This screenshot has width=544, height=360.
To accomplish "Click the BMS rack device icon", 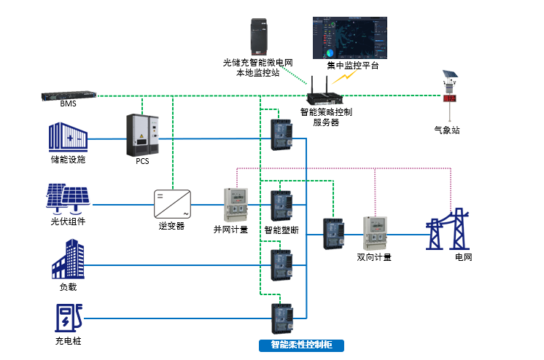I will pos(70,95).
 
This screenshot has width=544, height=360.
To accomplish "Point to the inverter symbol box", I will pos(172,204).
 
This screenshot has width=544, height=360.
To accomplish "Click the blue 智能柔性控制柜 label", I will pos(301,345).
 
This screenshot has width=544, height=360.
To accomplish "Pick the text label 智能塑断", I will pos(282,230).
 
